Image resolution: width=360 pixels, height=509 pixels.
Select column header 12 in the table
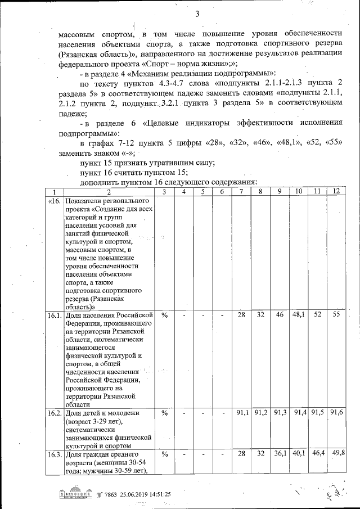(336, 192)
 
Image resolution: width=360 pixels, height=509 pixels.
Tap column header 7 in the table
(241, 192)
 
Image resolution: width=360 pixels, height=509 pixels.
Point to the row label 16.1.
(55, 316)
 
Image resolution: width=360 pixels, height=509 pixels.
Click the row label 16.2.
(55, 413)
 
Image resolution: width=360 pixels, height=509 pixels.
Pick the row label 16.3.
(55, 454)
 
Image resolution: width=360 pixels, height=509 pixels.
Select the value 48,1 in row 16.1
(298, 316)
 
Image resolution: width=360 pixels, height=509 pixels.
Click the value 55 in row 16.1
(336, 316)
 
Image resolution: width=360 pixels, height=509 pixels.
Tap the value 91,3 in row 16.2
(280, 413)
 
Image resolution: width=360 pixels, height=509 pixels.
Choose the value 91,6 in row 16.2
(336, 413)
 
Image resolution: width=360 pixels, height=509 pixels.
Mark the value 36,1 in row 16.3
(280, 454)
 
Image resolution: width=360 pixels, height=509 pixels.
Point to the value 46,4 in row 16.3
(318, 454)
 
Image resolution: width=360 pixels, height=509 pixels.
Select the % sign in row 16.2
(165, 413)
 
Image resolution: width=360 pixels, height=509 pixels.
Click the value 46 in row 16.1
(280, 316)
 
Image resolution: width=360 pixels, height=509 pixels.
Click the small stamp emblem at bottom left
(72, 494)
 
